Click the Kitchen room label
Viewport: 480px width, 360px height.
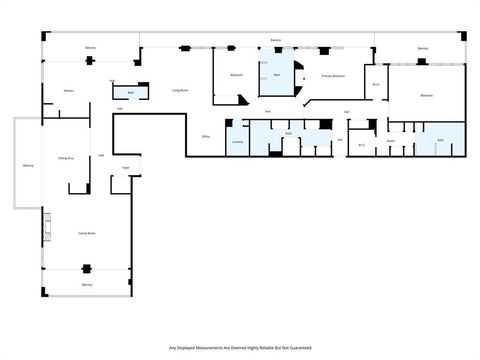tap(69, 91)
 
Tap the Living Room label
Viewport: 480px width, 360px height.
tap(181, 90)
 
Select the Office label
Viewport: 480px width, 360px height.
tap(205, 136)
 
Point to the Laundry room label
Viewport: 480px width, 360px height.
tap(237, 143)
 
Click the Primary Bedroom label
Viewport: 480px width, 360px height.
tap(333, 76)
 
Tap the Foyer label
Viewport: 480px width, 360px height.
tap(126, 167)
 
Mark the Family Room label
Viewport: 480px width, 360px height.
tap(86, 232)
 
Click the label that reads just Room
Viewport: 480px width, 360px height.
tap(391, 141)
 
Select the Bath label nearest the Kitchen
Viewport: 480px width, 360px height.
tap(131, 93)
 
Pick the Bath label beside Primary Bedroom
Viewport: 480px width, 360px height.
tap(277, 75)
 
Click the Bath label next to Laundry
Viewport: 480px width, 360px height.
tap(288, 133)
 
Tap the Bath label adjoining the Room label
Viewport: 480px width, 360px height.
tap(440, 141)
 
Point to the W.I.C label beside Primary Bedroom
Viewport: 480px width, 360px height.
tap(376, 84)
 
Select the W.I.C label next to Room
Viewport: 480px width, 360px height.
tap(361, 144)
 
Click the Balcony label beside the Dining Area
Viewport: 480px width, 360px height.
tap(28, 165)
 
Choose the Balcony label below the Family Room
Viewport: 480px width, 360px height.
tap(87, 285)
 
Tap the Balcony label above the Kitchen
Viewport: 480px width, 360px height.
tap(90, 47)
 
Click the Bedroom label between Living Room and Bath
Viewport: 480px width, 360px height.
tap(237, 75)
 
